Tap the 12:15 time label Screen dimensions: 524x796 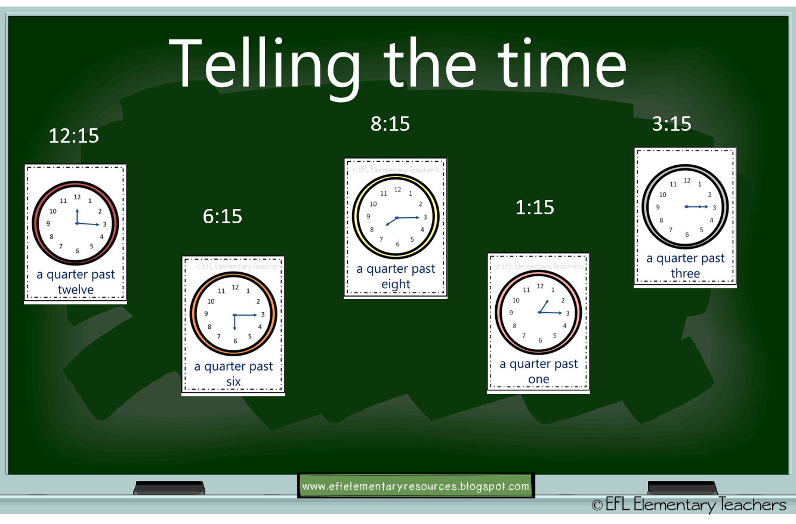[x=73, y=135]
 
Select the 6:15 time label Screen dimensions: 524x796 [x=222, y=216]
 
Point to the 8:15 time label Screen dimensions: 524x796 [x=390, y=124]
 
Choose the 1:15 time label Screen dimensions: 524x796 [x=535, y=207]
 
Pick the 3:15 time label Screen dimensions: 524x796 [x=671, y=124]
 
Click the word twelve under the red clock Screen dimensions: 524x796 [x=76, y=290]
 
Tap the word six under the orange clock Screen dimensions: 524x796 [x=233, y=381]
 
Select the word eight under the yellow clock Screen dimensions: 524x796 [x=396, y=284]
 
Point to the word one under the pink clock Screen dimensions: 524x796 [x=538, y=379]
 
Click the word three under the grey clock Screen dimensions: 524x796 [x=685, y=273]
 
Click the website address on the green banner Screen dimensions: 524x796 [x=415, y=486]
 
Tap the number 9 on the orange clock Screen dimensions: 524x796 [x=206, y=314]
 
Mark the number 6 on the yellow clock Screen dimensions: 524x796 [x=397, y=244]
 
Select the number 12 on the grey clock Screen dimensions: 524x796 [x=687, y=180]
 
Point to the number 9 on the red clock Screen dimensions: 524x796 [x=48, y=224]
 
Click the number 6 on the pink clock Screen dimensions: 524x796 [x=540, y=340]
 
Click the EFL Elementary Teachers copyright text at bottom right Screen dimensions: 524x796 [x=689, y=505]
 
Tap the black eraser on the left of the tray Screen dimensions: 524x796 [x=169, y=488]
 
